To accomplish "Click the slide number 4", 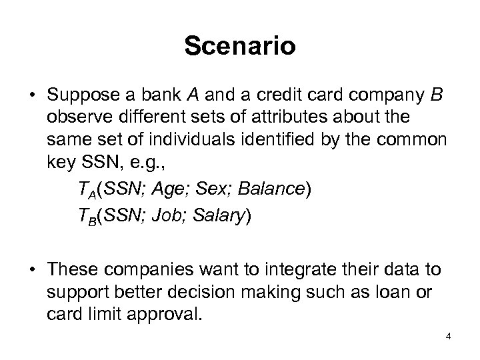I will pos(449,336).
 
